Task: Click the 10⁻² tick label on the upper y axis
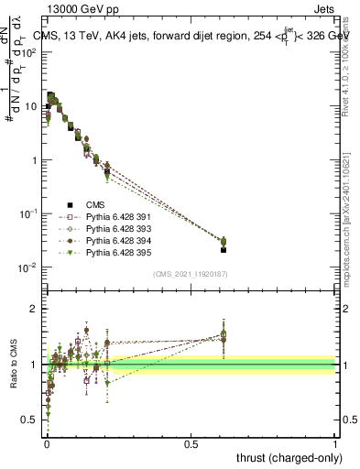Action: tap(29, 267)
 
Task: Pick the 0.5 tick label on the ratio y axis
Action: tap(32, 420)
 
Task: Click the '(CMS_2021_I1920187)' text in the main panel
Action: tap(191, 273)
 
